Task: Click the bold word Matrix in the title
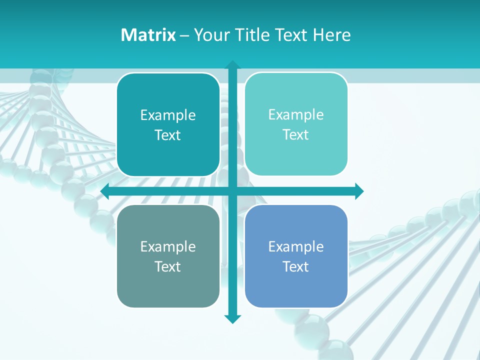click(148, 35)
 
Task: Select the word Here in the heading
click(332, 35)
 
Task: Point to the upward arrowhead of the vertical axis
click(232, 65)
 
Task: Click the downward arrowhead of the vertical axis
click(232, 319)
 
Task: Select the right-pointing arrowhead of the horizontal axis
click(359, 191)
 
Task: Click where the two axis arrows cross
click(232, 191)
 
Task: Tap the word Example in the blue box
click(296, 246)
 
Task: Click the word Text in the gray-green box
click(168, 266)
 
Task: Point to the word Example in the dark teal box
click(168, 115)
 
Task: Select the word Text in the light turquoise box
click(296, 134)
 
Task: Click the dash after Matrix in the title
click(184, 35)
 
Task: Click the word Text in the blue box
click(296, 266)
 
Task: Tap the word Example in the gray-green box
click(168, 246)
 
